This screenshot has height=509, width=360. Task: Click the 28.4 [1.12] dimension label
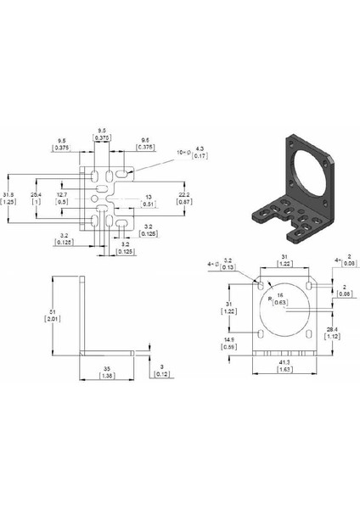pyautogui.click(x=334, y=333)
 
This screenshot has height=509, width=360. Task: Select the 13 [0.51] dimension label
pyautogui.click(x=149, y=200)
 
